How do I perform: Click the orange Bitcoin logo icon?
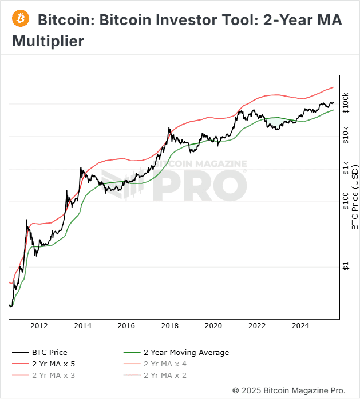click(21, 19)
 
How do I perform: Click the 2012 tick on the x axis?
click(39, 326)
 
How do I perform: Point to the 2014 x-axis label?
click(82, 326)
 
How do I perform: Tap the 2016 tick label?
click(126, 326)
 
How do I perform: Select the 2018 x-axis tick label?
click(169, 326)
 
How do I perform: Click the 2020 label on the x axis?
click(213, 326)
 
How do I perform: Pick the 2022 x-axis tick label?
click(257, 326)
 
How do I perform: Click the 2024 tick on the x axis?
click(300, 326)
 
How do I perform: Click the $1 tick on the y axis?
click(346, 266)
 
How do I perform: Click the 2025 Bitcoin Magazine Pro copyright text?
click(289, 390)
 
